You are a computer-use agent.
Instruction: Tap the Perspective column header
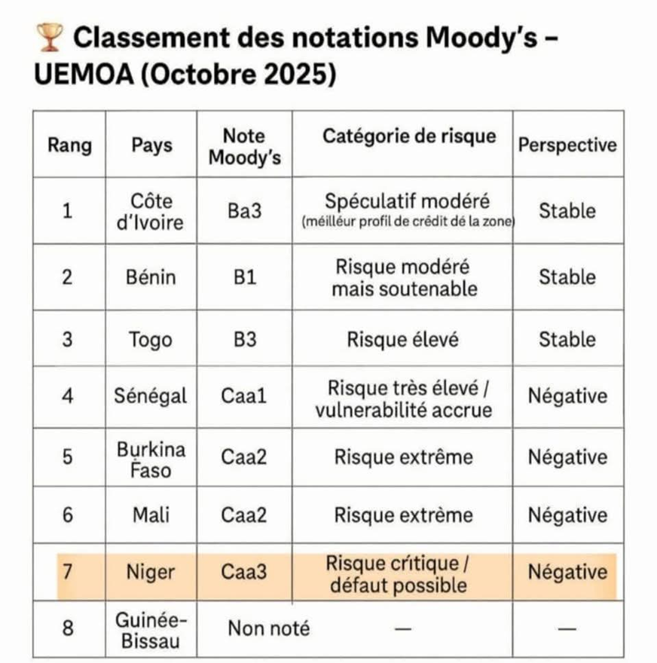[567, 145]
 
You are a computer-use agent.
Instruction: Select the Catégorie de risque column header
[409, 136]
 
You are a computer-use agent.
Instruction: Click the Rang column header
[69, 145]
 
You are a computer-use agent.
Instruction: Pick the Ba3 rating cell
[245, 212]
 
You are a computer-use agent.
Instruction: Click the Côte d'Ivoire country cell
[151, 212]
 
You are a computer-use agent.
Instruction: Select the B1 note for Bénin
[245, 277]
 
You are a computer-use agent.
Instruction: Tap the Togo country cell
[151, 339]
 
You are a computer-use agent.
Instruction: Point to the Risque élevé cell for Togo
[402, 339]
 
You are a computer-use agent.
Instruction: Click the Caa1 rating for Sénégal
[244, 396]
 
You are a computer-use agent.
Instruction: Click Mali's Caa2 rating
[244, 515]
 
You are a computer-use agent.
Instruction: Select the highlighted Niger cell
[151, 573]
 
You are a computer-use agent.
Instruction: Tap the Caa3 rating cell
[244, 573]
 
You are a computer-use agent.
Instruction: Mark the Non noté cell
[268, 628]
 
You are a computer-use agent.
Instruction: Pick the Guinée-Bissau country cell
[151, 630]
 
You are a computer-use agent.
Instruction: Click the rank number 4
[68, 396]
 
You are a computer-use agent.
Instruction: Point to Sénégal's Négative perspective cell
[567, 396]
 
